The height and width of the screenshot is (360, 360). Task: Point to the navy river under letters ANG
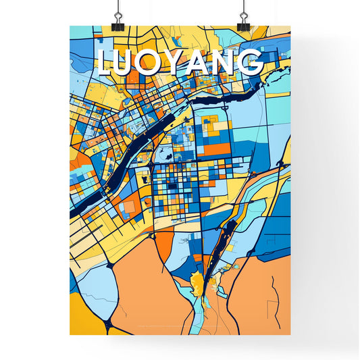[223, 98]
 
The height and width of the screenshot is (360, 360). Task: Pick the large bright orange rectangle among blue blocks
[218, 147]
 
